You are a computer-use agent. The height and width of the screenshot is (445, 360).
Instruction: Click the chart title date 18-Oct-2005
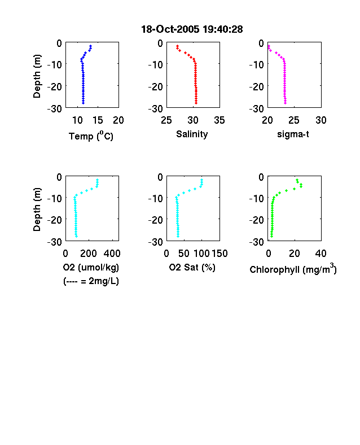(x=170, y=29)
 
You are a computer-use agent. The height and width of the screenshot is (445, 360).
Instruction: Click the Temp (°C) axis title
(x=91, y=136)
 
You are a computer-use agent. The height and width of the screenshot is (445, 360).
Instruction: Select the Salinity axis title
(x=192, y=134)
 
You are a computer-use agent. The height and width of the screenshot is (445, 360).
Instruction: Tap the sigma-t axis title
(x=293, y=134)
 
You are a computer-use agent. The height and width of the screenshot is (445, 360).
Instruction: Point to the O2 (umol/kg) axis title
(x=91, y=267)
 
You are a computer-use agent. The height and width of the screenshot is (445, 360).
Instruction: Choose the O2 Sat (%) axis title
(x=192, y=267)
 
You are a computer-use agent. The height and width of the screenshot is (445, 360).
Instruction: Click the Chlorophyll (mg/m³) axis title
(x=293, y=268)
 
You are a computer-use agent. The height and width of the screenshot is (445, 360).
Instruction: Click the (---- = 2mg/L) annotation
(x=91, y=281)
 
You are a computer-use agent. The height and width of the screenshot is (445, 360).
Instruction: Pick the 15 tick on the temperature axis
(x=98, y=120)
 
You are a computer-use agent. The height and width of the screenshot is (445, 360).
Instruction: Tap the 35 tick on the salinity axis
(x=219, y=120)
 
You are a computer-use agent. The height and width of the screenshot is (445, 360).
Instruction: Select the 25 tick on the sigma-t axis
(x=294, y=120)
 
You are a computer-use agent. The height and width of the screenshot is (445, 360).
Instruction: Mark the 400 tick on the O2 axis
(x=112, y=254)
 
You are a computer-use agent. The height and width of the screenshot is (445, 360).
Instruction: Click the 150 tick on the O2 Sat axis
(x=219, y=254)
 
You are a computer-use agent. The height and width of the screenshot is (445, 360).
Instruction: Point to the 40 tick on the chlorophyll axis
(x=321, y=254)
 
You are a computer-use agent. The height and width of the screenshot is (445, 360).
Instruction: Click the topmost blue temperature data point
(x=91, y=46)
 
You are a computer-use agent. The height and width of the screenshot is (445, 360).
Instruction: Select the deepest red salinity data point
(x=196, y=103)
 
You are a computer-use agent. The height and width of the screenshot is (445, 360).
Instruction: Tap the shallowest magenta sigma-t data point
(x=269, y=46)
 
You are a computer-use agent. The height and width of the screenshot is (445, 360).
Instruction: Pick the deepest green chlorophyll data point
(x=271, y=236)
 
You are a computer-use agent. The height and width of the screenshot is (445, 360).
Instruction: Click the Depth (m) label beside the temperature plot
(x=37, y=76)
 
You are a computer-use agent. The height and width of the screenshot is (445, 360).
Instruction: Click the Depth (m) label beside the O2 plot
(x=37, y=210)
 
